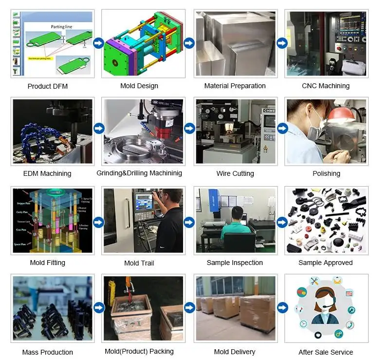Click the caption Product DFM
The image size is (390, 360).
coord(47,86)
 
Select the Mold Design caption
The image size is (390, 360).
coord(139,86)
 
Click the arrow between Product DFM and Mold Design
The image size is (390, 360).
coord(98,43)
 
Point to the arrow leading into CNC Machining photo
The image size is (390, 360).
coord(282,43)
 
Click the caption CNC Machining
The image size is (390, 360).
coord(326,86)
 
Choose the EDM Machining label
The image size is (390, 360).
coord(47,173)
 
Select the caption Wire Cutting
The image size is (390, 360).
coord(235,173)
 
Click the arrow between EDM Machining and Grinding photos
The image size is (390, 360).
coord(98,129)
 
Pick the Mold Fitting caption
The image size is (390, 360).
coord(47,263)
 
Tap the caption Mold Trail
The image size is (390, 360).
coord(139,263)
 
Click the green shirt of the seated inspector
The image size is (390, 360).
coord(235,229)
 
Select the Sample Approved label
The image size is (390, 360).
coord(326,263)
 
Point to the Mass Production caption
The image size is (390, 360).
coord(47,352)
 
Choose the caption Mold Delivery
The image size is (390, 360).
coord(235,352)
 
